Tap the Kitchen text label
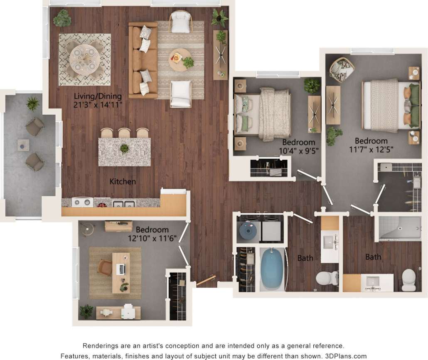[123, 182]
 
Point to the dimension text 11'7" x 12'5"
[371, 149]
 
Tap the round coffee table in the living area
[180, 60]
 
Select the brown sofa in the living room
[143, 60]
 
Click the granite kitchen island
[124, 152]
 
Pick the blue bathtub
[272, 269]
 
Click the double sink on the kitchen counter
[124, 204]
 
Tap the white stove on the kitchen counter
[82, 202]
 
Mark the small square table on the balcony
[23, 145]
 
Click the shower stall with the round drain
[400, 228]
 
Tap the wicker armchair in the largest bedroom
[342, 69]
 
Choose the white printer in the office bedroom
[128, 312]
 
